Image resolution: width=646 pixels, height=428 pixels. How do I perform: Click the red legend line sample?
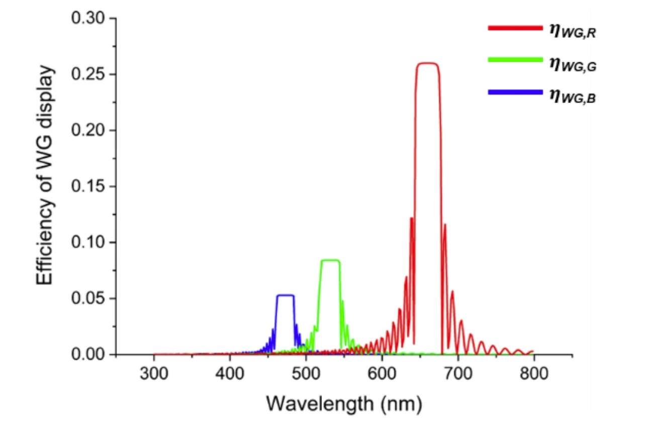[515, 28]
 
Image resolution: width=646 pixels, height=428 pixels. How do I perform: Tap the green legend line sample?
[515, 60]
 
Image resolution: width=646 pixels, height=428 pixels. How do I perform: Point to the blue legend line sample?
[515, 91]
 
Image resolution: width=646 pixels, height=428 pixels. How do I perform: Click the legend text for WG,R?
[572, 31]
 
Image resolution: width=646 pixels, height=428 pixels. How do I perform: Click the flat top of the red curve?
[428, 63]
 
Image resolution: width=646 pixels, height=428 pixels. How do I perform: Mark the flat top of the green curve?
[330, 260]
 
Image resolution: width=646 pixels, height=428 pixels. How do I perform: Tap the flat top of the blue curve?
[285, 295]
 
